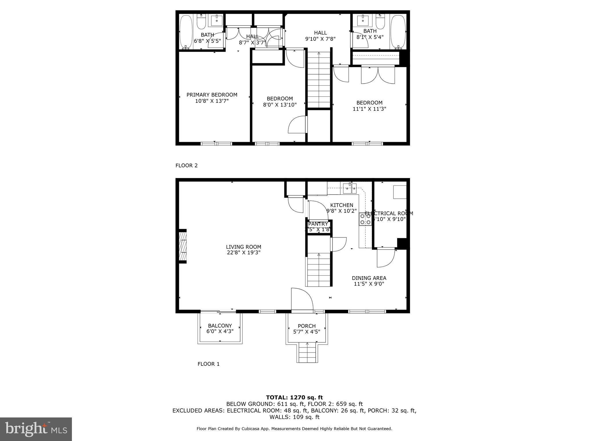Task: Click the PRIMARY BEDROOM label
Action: pos(212,95)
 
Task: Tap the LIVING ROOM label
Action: pos(243,247)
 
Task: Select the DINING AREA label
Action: pos(369,278)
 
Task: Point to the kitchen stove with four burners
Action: pos(365,219)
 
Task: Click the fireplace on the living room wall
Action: pos(183,246)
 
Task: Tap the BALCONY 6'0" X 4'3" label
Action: pos(220,328)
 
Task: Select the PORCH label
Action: pos(307,326)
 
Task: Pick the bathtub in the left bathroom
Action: pos(186,32)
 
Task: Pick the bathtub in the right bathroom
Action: pos(398,32)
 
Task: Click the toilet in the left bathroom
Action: pos(201,22)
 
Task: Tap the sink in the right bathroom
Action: pos(363,20)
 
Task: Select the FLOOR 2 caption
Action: pos(186,165)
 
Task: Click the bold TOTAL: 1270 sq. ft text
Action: pos(294,398)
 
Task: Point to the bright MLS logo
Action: pos(36,429)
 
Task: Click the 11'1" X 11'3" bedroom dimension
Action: pos(369,109)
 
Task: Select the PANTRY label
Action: pos(318,224)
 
